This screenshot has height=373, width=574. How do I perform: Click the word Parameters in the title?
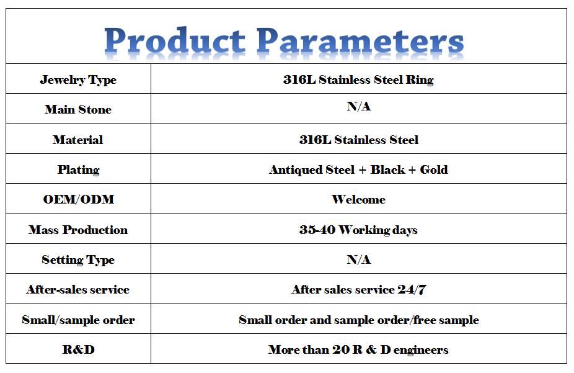(x=360, y=41)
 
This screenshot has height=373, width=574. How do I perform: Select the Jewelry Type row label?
(x=78, y=80)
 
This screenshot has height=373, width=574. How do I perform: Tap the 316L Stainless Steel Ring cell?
(x=358, y=79)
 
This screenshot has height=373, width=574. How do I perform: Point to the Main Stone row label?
(x=78, y=109)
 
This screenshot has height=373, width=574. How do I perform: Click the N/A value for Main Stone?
(x=359, y=106)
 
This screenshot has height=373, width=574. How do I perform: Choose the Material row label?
(x=77, y=140)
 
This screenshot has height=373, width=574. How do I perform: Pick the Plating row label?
(x=78, y=170)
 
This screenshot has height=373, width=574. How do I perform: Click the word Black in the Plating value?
(x=387, y=169)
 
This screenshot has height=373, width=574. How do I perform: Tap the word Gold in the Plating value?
(x=434, y=169)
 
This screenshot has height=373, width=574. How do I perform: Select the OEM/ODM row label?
(x=79, y=199)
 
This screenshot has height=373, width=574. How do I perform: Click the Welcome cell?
(x=358, y=199)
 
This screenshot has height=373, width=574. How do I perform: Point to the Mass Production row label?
(x=78, y=230)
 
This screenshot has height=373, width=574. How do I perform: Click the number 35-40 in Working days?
(x=317, y=230)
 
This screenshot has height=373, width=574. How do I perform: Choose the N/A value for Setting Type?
(x=359, y=259)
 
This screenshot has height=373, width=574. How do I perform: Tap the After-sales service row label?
(x=78, y=289)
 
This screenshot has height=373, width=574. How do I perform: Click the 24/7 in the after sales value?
(x=412, y=289)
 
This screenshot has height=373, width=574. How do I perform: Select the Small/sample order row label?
(x=78, y=320)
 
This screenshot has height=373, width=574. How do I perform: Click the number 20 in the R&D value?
(x=341, y=349)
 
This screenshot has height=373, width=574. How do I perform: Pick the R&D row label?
(x=78, y=349)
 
